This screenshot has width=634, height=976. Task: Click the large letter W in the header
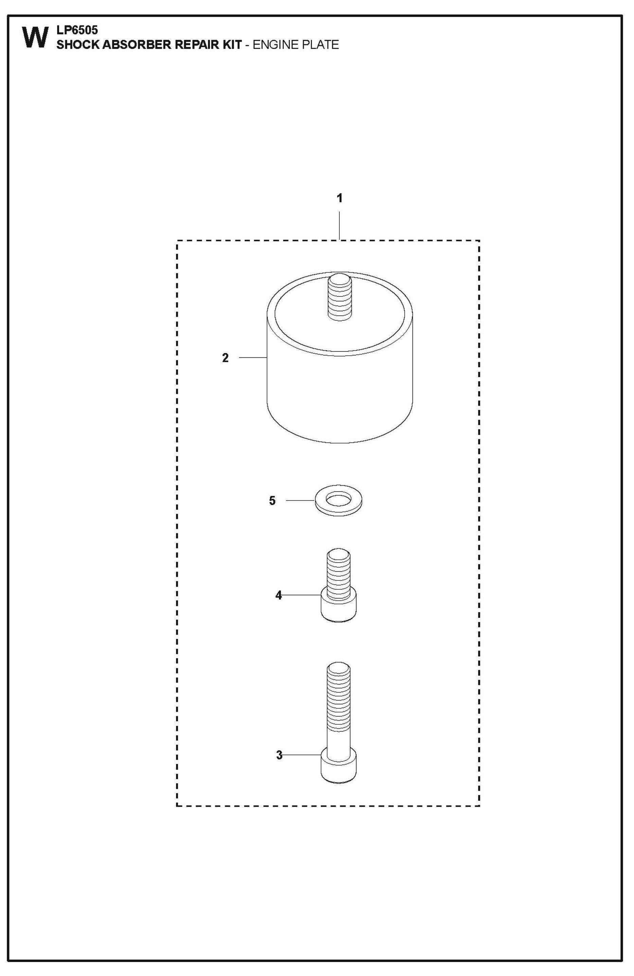point(35,38)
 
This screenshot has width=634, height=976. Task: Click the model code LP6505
point(77,30)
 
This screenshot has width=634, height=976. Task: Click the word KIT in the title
point(232,45)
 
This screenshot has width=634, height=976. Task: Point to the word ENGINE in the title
point(275,45)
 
